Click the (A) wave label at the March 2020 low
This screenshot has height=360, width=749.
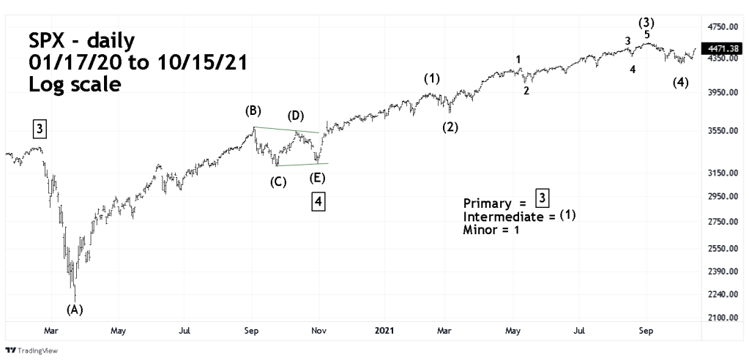click(75, 309)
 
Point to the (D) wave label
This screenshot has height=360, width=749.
click(296, 116)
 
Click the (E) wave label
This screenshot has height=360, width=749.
click(317, 178)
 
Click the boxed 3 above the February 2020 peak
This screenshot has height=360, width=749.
click(40, 130)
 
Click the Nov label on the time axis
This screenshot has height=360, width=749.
click(318, 330)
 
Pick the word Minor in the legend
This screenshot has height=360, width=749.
click(480, 230)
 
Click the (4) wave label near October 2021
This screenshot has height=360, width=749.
click(680, 83)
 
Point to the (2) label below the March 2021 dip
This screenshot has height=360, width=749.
click(450, 127)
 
